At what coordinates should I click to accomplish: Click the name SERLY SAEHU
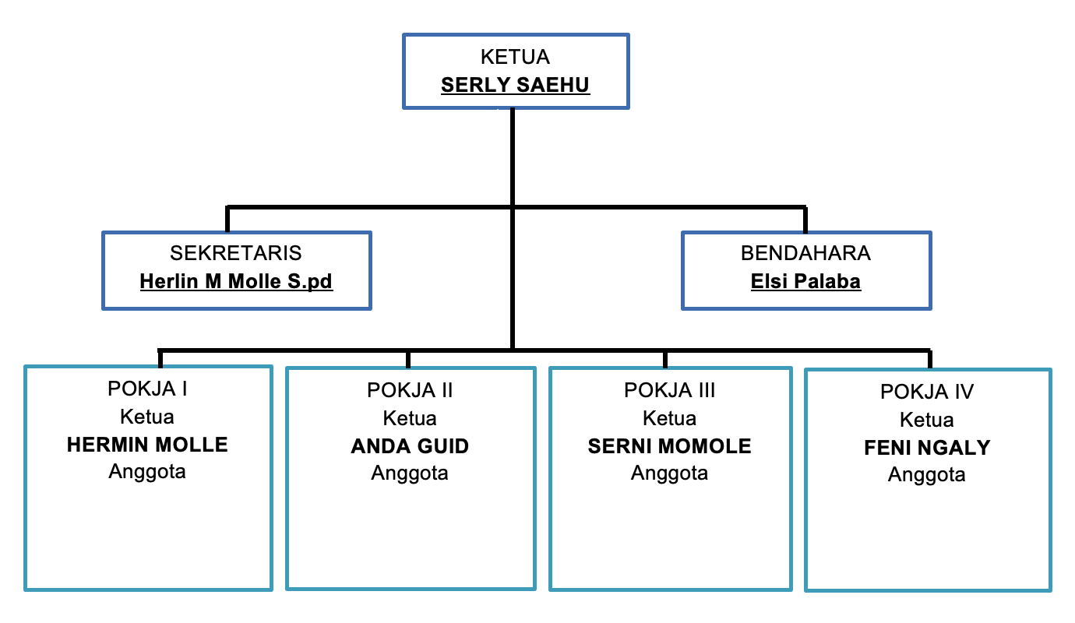pos(515,84)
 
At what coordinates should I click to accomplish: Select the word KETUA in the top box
pos(515,57)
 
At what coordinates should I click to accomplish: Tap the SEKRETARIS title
pos(236,253)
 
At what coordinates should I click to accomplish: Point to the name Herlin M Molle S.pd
pos(236,281)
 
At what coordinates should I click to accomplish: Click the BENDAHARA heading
pos(805,253)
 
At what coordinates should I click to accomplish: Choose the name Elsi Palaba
pos(805,281)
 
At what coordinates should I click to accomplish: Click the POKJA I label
pos(147,389)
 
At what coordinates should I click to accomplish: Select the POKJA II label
pos(410,390)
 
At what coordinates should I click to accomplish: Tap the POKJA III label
pos(669,389)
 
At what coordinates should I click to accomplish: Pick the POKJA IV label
pos(927,392)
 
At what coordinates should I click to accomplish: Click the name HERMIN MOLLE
pos(147,445)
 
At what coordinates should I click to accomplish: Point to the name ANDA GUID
pos(410,446)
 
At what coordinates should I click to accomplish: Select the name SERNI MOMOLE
pos(669,446)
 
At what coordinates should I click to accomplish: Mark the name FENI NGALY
pos(927,448)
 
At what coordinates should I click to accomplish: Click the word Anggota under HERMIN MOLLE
pos(147,472)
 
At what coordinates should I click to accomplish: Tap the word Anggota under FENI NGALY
pos(927,475)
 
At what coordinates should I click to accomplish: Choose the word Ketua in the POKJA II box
pos(410,418)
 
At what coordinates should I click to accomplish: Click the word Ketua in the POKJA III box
pos(669,418)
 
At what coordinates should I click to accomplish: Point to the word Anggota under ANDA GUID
pos(410,473)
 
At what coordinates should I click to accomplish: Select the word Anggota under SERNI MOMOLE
pos(669,473)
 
